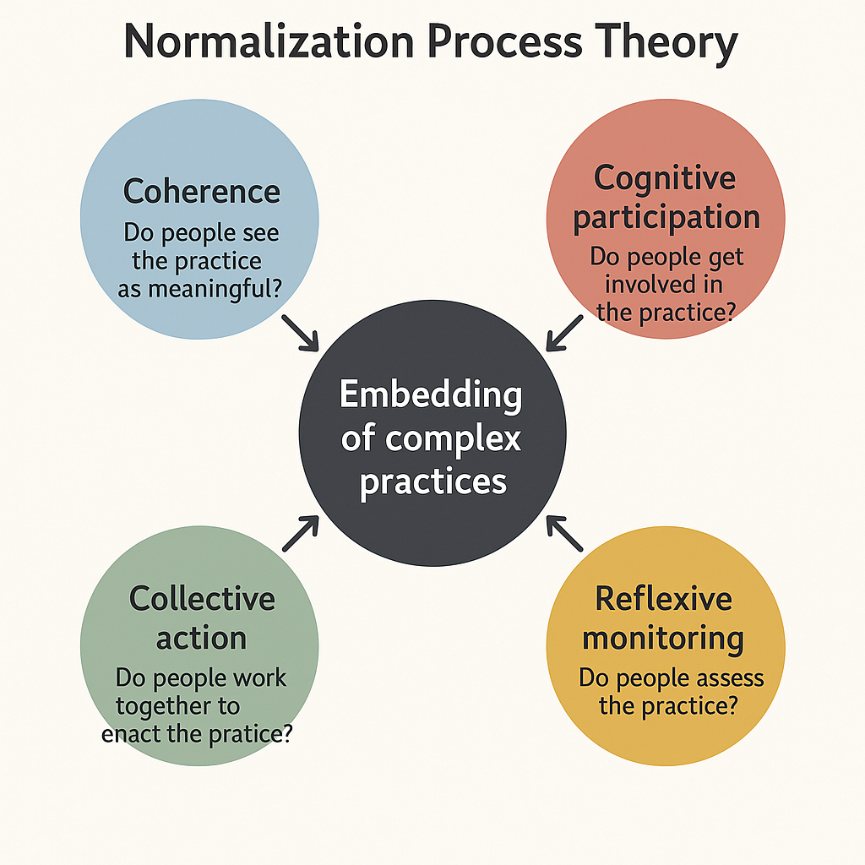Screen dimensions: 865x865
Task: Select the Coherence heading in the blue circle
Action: point(201,191)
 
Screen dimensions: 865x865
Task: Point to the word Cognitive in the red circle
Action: point(665,178)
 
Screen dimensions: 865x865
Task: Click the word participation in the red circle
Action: point(666,217)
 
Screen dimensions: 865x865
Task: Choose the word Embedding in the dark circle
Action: point(431,395)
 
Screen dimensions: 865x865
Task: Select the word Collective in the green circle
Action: point(202,598)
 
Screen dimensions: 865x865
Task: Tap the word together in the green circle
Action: point(177,705)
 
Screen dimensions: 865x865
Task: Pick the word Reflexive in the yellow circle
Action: point(663,598)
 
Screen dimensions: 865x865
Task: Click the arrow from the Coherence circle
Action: point(299,333)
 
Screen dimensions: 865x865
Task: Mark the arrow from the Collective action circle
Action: point(301,534)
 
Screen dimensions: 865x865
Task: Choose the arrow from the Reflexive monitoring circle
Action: point(564,534)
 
